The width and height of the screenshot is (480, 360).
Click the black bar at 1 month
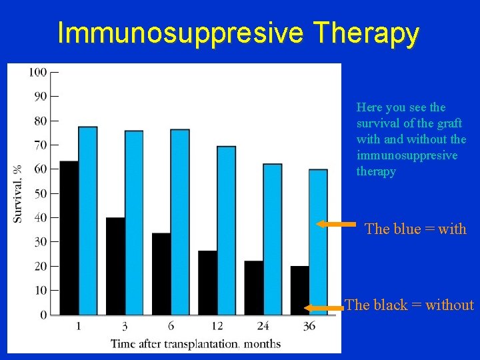69,237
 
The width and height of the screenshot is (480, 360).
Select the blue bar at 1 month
87,220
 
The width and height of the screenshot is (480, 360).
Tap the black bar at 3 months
115,265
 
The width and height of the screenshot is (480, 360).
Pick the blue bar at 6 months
180,221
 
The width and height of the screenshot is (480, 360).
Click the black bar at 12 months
207,282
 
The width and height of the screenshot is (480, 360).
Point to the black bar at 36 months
299,290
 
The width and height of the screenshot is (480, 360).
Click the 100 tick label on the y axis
37,72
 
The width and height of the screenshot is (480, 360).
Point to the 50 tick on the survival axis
40,193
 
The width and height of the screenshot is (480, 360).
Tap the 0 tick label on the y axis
43,315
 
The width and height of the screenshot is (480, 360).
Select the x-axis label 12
217,326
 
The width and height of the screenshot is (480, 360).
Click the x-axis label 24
263,326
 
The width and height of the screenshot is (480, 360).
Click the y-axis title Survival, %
18,193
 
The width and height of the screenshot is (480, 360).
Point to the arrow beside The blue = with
335,225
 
